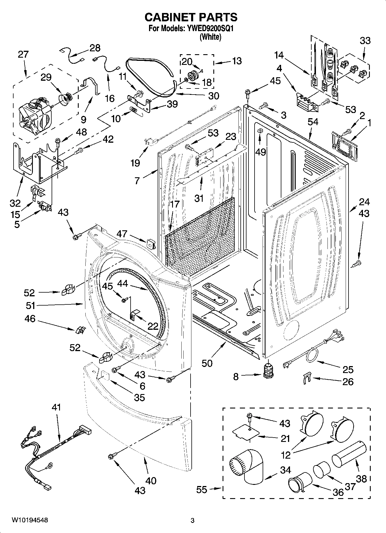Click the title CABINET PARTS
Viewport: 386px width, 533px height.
(191, 17)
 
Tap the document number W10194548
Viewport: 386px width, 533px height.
(30, 520)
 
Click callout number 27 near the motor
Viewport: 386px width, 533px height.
(23, 54)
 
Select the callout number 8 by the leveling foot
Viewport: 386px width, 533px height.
(236, 376)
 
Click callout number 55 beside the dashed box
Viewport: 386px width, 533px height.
(202, 489)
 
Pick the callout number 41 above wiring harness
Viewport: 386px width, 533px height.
(57, 408)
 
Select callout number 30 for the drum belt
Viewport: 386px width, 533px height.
(214, 96)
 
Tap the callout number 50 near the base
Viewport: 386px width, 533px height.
(207, 363)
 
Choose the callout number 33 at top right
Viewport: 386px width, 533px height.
(365, 41)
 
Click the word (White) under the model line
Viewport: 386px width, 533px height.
(210, 37)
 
